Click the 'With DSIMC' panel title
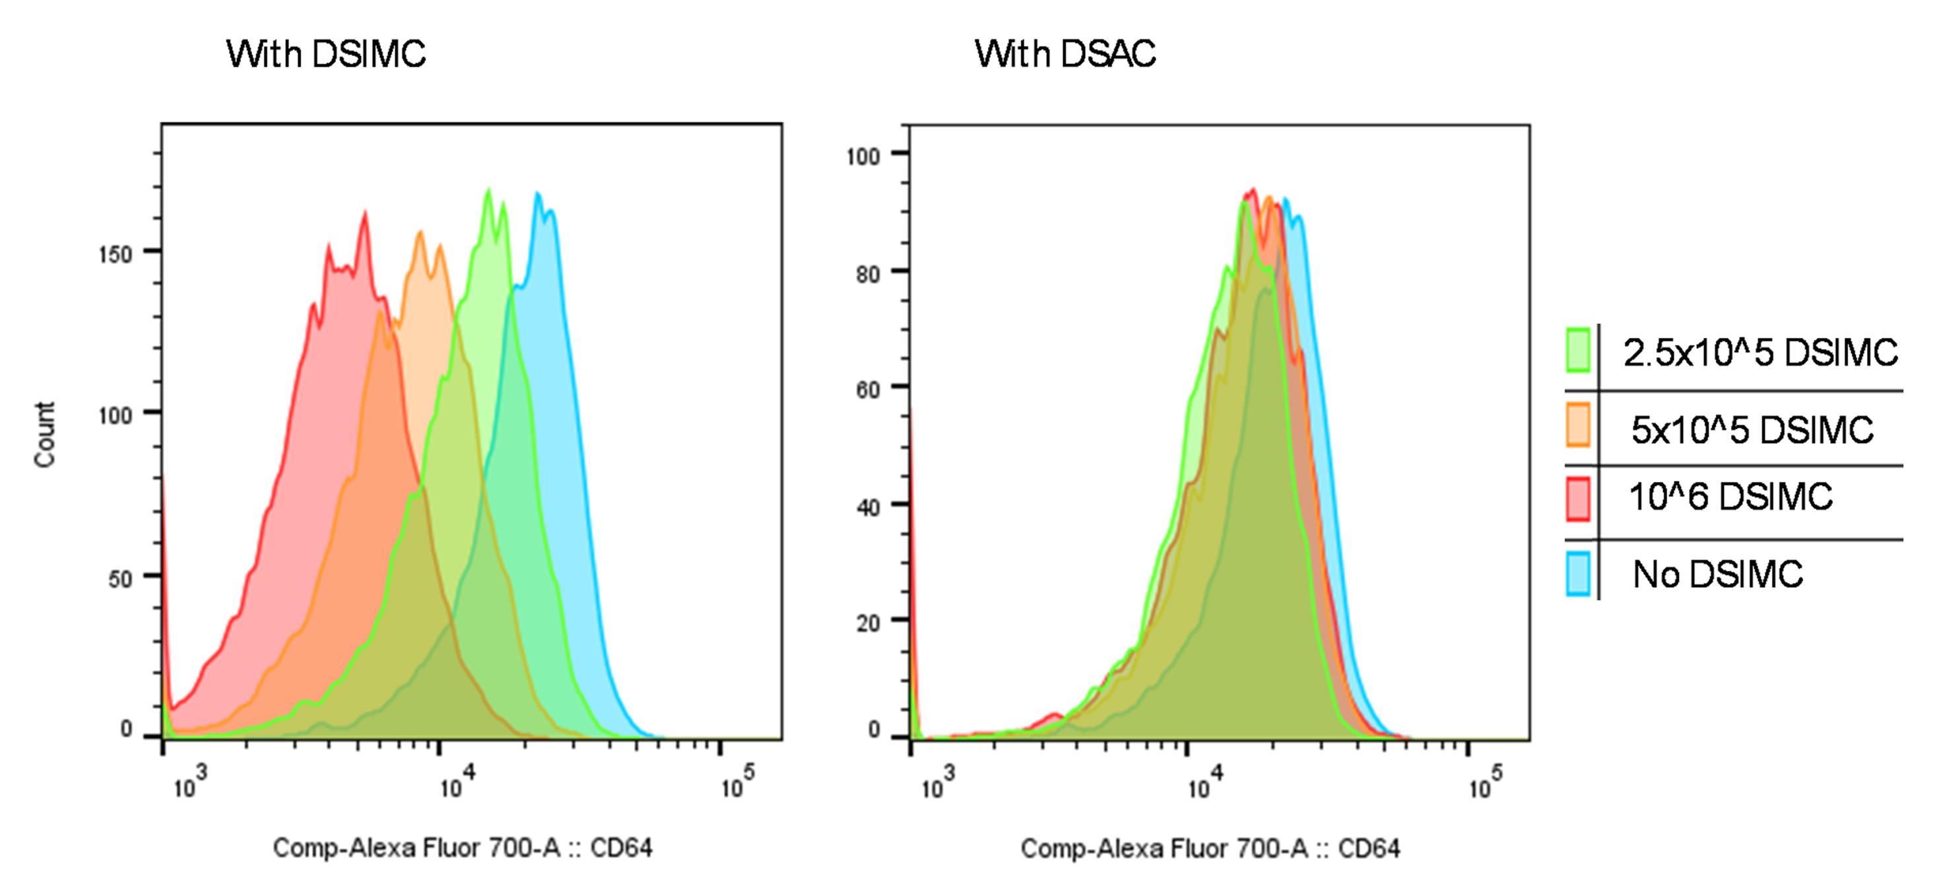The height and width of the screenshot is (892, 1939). click(x=326, y=54)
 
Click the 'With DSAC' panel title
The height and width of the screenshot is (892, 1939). click(x=1065, y=54)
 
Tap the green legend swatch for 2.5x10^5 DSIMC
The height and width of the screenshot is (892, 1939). click(x=1578, y=350)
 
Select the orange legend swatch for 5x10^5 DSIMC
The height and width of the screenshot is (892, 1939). click(x=1578, y=425)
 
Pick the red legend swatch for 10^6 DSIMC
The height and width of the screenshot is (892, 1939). click(x=1578, y=498)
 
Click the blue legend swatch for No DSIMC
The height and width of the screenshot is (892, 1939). click(x=1578, y=574)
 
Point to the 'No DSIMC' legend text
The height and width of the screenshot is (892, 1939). click(x=1718, y=574)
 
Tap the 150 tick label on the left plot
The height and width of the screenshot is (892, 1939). click(x=115, y=254)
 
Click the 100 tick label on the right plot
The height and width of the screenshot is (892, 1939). click(x=863, y=156)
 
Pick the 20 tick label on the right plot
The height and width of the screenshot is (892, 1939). click(x=867, y=623)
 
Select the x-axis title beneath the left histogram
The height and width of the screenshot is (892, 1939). click(x=462, y=848)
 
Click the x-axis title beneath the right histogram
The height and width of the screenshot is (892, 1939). click(x=1210, y=849)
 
